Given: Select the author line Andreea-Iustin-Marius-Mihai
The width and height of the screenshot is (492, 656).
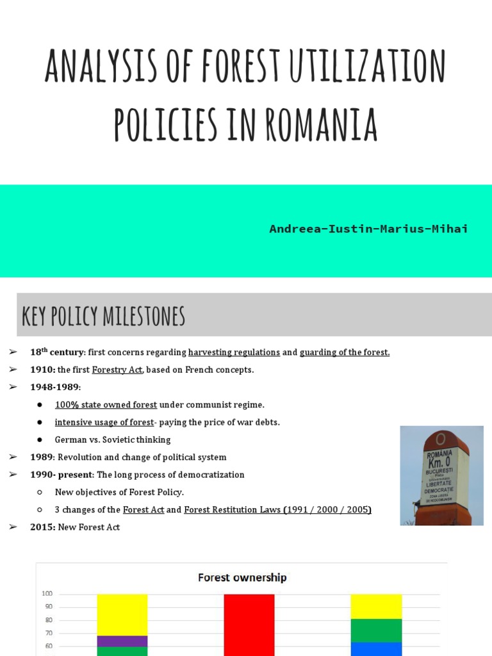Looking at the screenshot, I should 368,229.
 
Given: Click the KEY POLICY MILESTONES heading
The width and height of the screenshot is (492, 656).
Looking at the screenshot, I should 103,316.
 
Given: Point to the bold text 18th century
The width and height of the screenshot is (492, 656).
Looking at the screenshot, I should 57,352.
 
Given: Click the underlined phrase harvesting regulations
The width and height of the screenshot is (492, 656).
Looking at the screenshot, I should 234,352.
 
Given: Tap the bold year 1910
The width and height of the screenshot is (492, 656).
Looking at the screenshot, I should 42,370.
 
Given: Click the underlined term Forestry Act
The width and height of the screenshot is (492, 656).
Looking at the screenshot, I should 117,370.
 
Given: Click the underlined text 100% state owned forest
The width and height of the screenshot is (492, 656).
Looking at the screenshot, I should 106,404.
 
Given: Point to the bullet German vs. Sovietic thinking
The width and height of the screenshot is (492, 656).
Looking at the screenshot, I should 113,439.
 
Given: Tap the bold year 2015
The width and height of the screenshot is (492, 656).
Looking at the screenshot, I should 42,527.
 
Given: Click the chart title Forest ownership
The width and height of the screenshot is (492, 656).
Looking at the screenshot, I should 242,577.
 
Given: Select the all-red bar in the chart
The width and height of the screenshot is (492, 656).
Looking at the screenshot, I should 249,625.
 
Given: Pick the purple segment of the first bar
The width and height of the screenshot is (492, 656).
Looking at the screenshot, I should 122,641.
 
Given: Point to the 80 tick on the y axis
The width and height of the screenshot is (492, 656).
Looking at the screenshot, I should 49,619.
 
